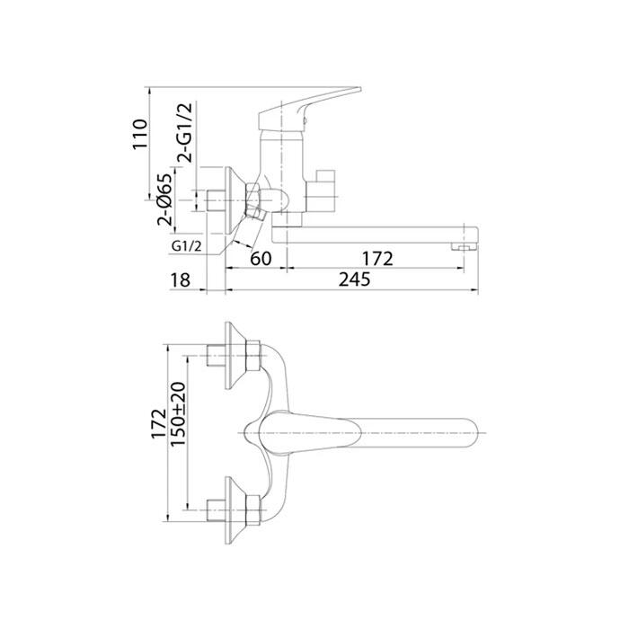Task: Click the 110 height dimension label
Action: (x=140, y=134)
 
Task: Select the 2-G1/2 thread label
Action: (x=185, y=132)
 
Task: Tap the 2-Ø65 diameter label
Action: (x=164, y=199)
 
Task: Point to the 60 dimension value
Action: (x=261, y=259)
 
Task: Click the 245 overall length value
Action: (x=354, y=279)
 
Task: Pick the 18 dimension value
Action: (x=180, y=280)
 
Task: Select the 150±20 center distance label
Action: (x=178, y=414)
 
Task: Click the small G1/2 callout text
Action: (x=186, y=246)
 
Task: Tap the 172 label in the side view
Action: (x=377, y=259)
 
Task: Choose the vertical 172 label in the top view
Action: (x=159, y=423)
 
